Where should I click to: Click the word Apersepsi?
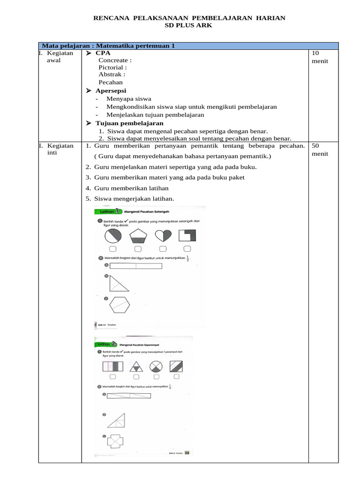coord(111,90)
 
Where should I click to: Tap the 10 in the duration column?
coord(315,53)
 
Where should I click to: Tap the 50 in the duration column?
coord(315,146)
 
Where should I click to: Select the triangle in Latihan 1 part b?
coord(117,284)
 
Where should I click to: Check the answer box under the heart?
coord(163,248)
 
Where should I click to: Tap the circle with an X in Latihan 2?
coord(157,367)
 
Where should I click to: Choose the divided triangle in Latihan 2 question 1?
coord(136,367)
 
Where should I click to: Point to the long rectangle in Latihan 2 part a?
coord(129,396)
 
